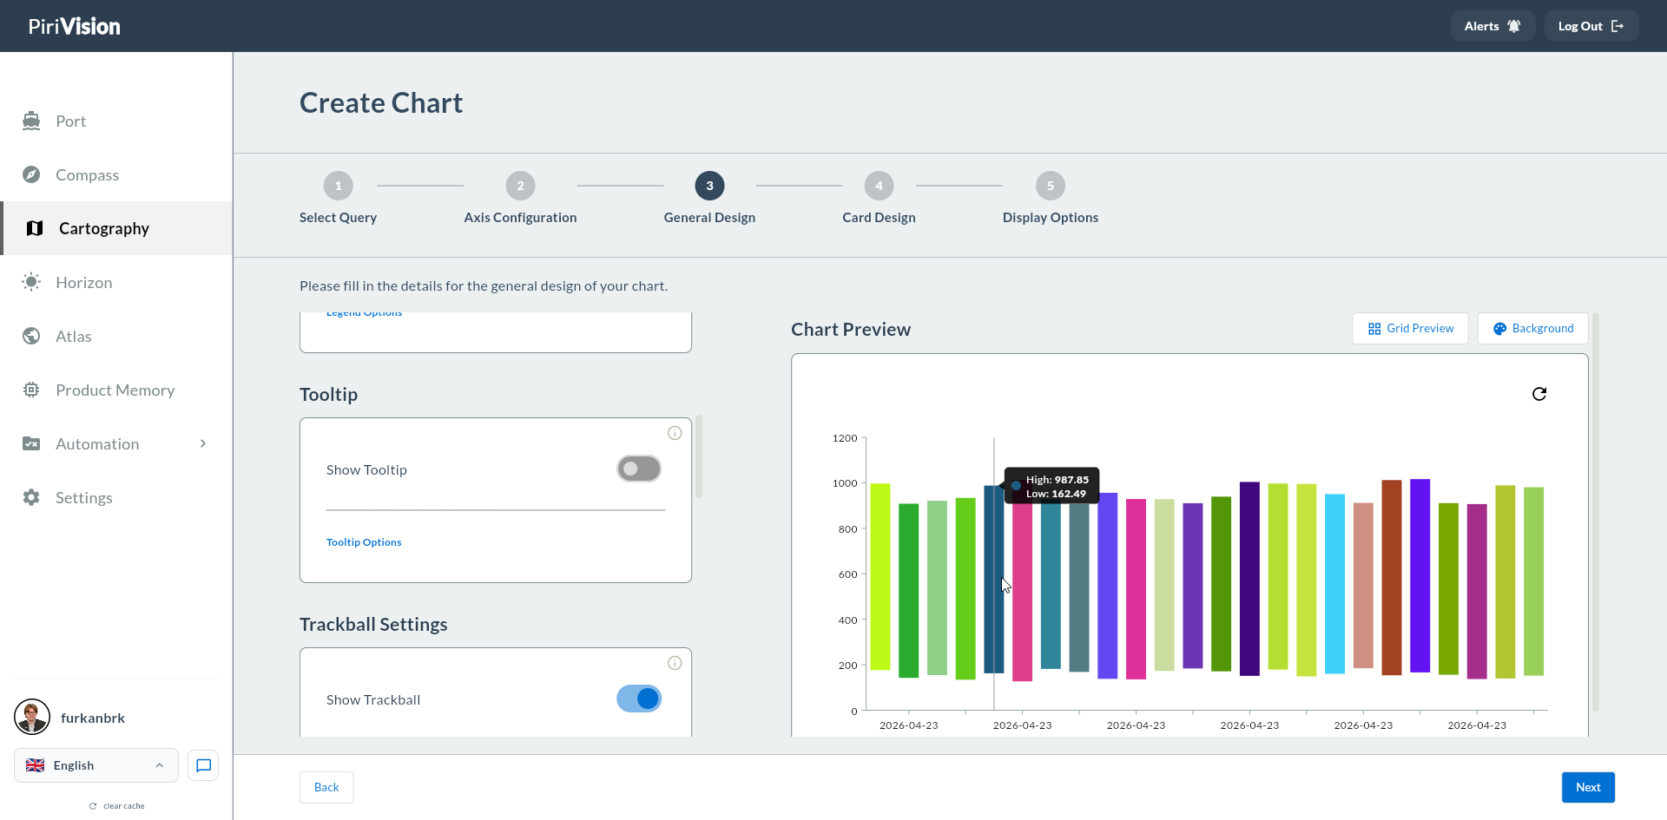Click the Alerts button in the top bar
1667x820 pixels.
pyautogui.click(x=1492, y=26)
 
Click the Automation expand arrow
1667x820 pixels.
pyautogui.click(x=203, y=443)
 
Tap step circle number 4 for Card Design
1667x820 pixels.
pyautogui.click(x=879, y=186)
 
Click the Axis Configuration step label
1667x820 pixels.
pyautogui.click(x=520, y=218)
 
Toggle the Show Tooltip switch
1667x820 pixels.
pyautogui.click(x=639, y=469)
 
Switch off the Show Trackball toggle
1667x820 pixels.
pyautogui.click(x=639, y=699)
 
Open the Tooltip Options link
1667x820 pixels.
pyautogui.click(x=364, y=542)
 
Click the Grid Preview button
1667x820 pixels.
pyautogui.click(x=1410, y=328)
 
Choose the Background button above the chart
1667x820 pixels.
pyautogui.click(x=1532, y=328)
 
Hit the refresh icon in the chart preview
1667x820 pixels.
pyautogui.click(x=1539, y=394)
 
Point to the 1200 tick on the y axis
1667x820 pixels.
pyautogui.click(x=845, y=438)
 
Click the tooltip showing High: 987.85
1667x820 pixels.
pyautogui.click(x=1051, y=486)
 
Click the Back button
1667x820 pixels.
pyautogui.click(x=326, y=787)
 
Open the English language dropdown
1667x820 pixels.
pyautogui.click(x=96, y=765)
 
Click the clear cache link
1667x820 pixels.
pyautogui.click(x=117, y=806)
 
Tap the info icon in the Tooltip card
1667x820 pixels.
pyautogui.click(x=675, y=433)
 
